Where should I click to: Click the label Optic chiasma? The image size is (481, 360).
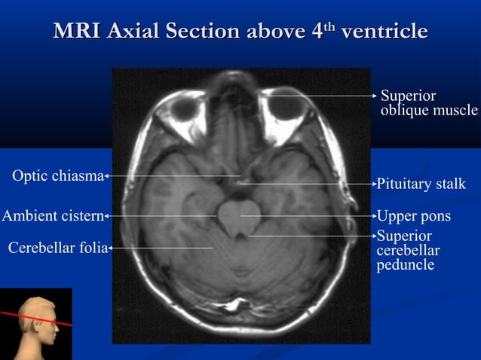tap(57, 176)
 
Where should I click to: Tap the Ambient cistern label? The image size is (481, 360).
tap(52, 216)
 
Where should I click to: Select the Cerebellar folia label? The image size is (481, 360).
tap(57, 246)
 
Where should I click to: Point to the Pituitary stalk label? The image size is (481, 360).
tap(421, 185)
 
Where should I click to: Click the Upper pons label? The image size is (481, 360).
tap(413, 216)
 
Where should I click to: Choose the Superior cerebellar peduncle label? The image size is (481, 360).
tap(408, 251)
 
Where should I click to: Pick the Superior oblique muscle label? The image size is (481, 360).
tap(428, 103)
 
